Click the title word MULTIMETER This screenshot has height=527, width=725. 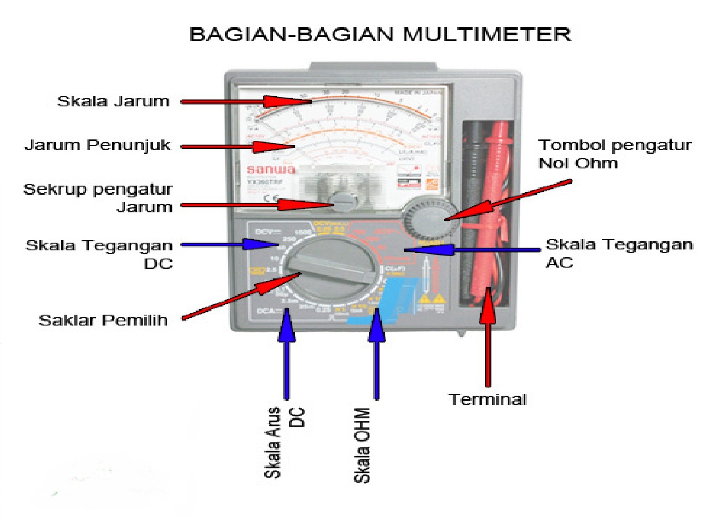486,35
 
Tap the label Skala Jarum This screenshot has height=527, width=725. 113,101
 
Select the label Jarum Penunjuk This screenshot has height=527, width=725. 97,145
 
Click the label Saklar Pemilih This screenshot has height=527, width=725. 103,321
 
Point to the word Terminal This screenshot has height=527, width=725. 488,399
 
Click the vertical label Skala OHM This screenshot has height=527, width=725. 362,446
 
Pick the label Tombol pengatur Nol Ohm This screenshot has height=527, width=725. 614,154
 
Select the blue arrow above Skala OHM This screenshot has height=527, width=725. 377,358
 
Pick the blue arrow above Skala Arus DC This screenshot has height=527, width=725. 286,358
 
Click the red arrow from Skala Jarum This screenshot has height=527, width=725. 245,102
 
